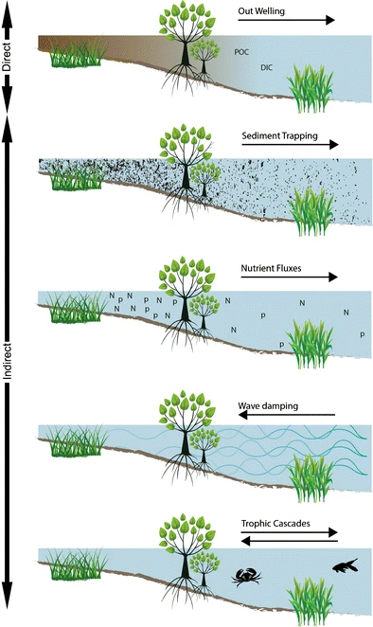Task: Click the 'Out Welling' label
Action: [261, 11]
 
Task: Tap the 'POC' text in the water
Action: [241, 52]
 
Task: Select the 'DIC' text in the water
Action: [267, 68]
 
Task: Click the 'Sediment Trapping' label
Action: [279, 136]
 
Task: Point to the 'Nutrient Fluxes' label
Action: [271, 268]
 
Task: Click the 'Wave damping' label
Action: [268, 406]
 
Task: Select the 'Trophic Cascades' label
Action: [275, 524]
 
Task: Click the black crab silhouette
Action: [246, 577]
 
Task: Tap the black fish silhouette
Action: [345, 566]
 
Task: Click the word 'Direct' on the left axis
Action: [8, 57]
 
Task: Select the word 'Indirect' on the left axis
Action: [8, 361]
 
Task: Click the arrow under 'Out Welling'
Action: [286, 20]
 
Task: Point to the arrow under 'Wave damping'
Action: [286, 415]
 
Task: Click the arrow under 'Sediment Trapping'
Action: [290, 144]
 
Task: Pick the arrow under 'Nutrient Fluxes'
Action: [289, 277]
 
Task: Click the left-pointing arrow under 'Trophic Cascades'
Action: [290, 541]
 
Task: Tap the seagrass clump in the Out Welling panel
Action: [311, 88]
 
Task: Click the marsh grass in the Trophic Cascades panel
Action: [76, 564]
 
